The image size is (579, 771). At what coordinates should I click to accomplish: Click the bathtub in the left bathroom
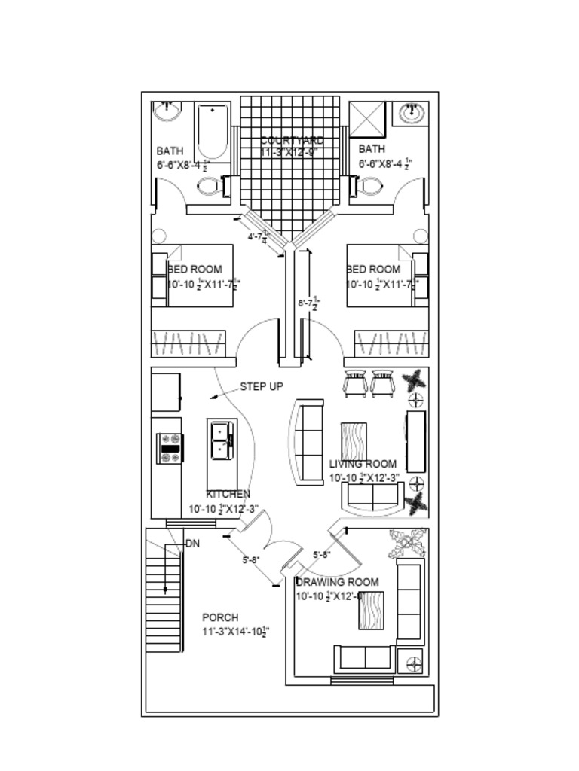pyautogui.click(x=213, y=132)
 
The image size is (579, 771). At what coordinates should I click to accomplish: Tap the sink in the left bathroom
pyautogui.click(x=167, y=112)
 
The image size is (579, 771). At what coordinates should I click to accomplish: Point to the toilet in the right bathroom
pyautogui.click(x=369, y=186)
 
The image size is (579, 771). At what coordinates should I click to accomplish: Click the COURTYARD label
pyautogui.click(x=292, y=140)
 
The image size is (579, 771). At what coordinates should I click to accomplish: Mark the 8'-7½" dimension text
pyautogui.click(x=309, y=303)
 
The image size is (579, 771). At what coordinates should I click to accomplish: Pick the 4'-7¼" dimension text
pyautogui.click(x=258, y=236)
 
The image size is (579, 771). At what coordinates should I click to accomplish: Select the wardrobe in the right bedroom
pyautogui.click(x=391, y=343)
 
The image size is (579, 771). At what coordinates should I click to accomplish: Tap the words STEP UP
pyautogui.click(x=262, y=386)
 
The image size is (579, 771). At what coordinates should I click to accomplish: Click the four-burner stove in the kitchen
pyautogui.click(x=170, y=448)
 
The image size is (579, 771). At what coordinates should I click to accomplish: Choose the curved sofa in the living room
pyautogui.click(x=306, y=442)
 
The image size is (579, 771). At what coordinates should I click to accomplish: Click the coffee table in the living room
pyautogui.click(x=354, y=440)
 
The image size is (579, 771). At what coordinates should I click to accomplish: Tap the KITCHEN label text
pyautogui.click(x=228, y=494)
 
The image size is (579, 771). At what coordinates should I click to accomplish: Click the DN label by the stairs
pyautogui.click(x=193, y=543)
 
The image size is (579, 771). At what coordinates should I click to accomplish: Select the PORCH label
pyautogui.click(x=220, y=617)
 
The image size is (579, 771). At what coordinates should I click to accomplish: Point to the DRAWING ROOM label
pyautogui.click(x=336, y=582)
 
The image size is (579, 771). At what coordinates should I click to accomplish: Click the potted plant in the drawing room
pyautogui.click(x=406, y=543)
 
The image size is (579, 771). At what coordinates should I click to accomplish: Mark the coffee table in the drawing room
pyautogui.click(x=371, y=610)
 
